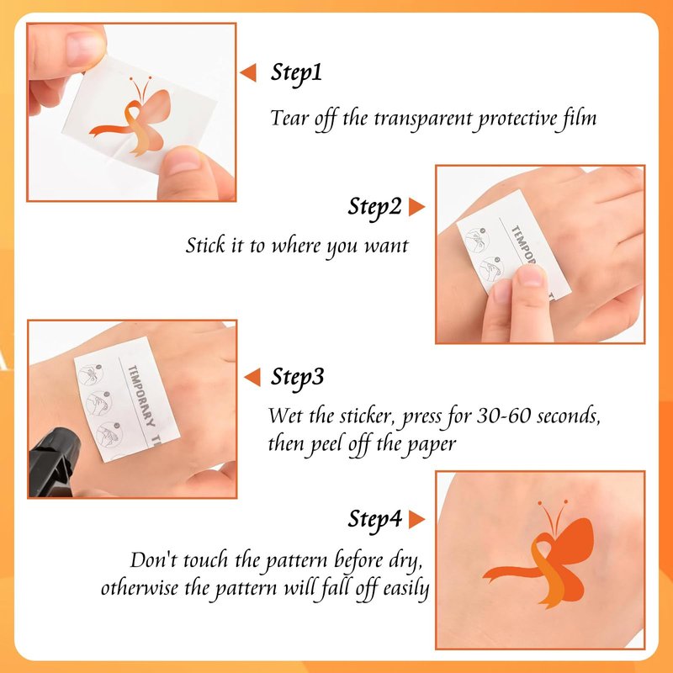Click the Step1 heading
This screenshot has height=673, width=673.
coord(296,73)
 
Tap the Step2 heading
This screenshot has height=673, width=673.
coord(374,208)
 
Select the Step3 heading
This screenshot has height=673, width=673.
coord(297,378)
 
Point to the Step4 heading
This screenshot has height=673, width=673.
coord(374,520)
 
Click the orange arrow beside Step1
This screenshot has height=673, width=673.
coord(248,72)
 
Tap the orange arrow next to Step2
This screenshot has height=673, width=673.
coord(416,207)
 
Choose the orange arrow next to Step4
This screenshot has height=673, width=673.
coord(416,519)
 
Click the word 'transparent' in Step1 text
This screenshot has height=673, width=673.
coord(423,119)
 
